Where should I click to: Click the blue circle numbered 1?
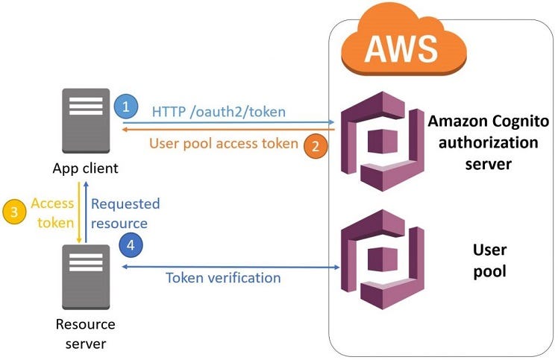pos(126,107)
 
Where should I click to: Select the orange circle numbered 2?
pos(316,146)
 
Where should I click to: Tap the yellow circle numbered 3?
pos(13,212)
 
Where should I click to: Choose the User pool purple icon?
pos(380,263)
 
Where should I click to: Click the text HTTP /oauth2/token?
pos(219,111)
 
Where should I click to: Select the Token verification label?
pos(222,278)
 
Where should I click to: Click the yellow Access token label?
pos(52,212)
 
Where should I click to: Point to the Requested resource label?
pos(125,212)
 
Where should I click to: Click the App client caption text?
pos(85,169)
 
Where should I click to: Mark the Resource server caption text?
pos(86,333)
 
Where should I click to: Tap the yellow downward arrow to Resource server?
pos(79,212)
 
